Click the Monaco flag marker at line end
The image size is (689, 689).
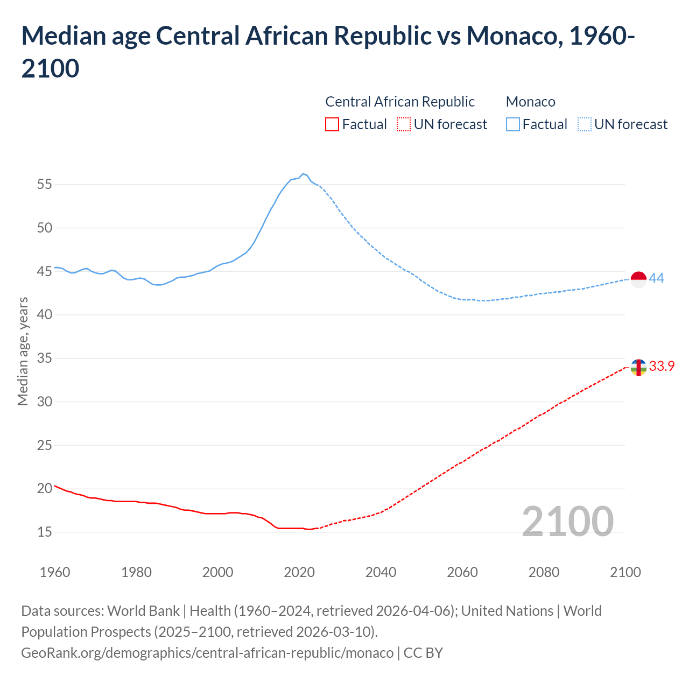click(x=638, y=279)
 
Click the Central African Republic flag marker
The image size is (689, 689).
click(x=638, y=367)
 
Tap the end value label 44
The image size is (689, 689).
click(x=656, y=278)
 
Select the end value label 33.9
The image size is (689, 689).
click(x=662, y=366)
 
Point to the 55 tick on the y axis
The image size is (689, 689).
click(x=45, y=185)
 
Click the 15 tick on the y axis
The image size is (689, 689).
click(x=45, y=532)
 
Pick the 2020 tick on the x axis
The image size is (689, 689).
click(x=299, y=572)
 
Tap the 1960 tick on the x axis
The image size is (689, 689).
click(x=55, y=572)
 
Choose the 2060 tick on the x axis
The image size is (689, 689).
click(x=462, y=572)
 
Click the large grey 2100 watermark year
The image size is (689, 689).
click(x=567, y=521)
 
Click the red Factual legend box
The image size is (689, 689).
click(x=332, y=124)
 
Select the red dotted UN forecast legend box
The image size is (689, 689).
click(x=404, y=124)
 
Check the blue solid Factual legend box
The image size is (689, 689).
click(x=513, y=124)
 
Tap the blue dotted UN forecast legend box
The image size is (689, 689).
click(x=585, y=124)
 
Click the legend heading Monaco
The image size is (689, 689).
click(x=531, y=102)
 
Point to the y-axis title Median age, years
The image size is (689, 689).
click(x=23, y=351)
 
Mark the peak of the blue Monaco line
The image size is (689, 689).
click(x=303, y=173)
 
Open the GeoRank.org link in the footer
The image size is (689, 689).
click(x=207, y=652)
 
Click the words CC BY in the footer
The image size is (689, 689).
click(x=423, y=652)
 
